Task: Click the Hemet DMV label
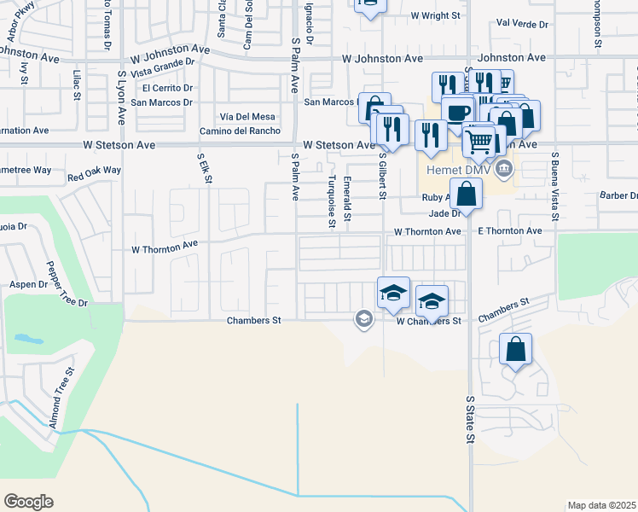(x=454, y=167)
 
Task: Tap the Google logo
(x=28, y=502)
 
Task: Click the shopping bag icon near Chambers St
(x=516, y=349)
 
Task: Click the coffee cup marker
(x=458, y=113)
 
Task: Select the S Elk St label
(x=204, y=168)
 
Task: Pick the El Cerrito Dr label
(x=168, y=88)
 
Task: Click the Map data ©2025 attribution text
(x=601, y=505)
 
